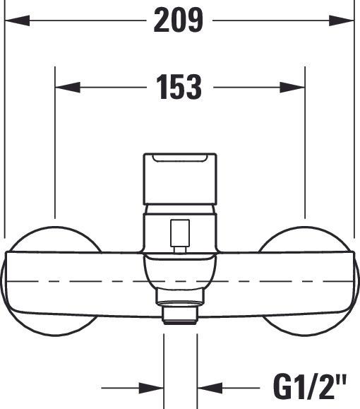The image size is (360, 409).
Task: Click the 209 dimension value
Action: click(179, 22)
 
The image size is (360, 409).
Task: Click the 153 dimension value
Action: click(179, 88)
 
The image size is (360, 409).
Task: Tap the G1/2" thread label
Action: click(311, 387)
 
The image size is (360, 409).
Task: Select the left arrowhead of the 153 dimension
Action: click(66, 88)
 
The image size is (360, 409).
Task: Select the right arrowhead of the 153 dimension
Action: click(293, 88)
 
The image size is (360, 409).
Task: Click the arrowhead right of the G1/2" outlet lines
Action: click(208, 387)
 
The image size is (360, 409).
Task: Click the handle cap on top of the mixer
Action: click(179, 180)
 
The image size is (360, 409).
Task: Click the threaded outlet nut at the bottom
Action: click(180, 313)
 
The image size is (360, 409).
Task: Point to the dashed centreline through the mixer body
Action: click(85, 280)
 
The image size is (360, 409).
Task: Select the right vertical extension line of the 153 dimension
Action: click(304, 141)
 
